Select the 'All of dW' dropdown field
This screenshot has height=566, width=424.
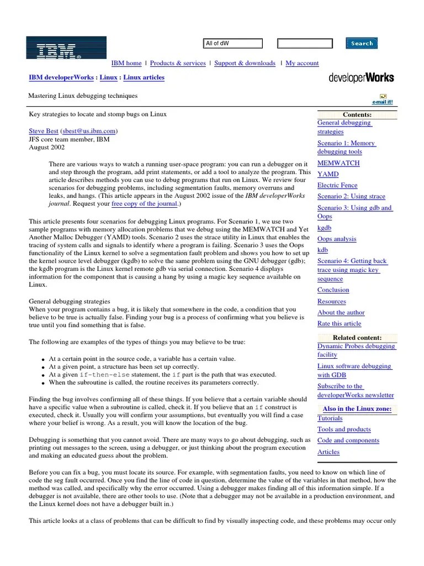click(232, 43)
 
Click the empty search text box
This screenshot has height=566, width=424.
click(305, 43)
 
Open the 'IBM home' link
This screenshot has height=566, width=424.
click(126, 64)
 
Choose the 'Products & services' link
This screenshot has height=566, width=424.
click(178, 64)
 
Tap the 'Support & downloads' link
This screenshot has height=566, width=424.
click(245, 64)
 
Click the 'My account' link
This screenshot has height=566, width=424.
click(302, 64)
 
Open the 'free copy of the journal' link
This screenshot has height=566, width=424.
click(145, 204)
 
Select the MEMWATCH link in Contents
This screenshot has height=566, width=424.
click(338, 163)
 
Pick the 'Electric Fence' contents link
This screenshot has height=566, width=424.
click(337, 185)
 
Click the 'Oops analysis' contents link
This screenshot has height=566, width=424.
click(337, 239)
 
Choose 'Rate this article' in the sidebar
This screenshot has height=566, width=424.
click(339, 323)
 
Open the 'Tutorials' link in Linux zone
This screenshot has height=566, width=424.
click(330, 418)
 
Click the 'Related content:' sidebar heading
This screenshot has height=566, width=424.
click(357, 337)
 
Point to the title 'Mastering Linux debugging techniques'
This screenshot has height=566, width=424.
click(83, 96)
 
